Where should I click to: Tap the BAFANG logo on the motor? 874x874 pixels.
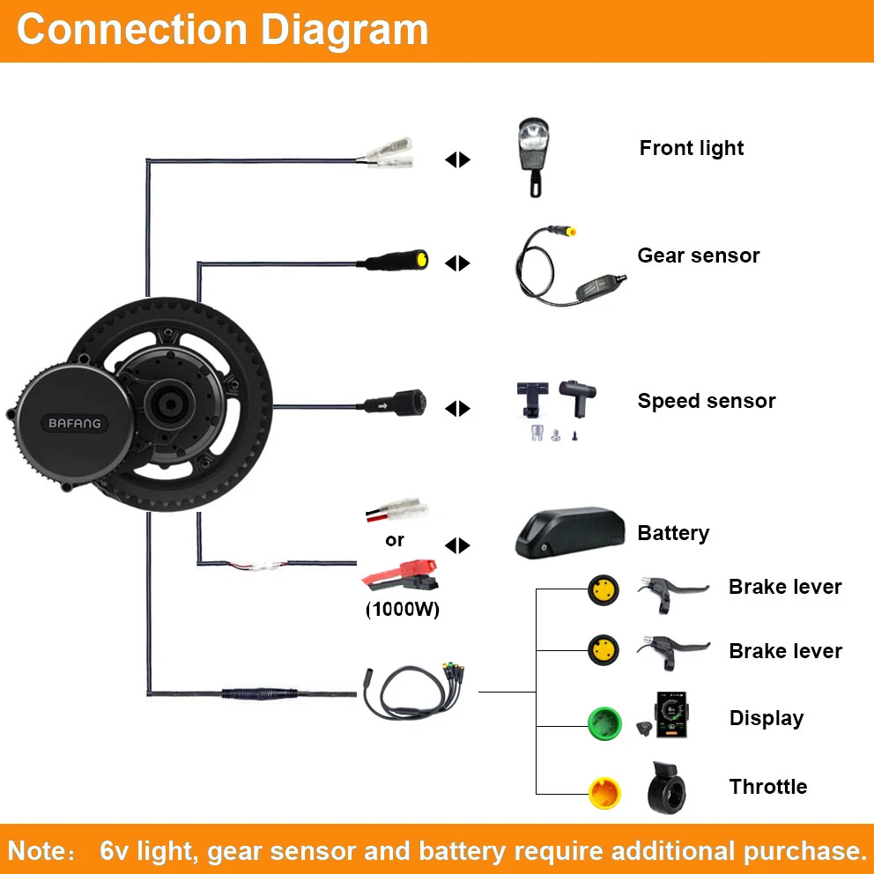coord(74,424)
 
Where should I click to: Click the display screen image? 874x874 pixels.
coord(675,715)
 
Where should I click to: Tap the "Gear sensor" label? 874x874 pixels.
coord(698,256)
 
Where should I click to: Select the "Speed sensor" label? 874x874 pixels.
coord(707,401)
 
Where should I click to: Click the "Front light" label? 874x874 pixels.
coord(692,148)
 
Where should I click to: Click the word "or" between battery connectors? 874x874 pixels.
coord(395,539)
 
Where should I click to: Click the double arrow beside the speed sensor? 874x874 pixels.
coord(458,409)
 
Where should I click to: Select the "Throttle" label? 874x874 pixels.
coord(767,787)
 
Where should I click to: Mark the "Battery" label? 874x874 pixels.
coord(673,533)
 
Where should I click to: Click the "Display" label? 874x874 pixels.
coord(766,718)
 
